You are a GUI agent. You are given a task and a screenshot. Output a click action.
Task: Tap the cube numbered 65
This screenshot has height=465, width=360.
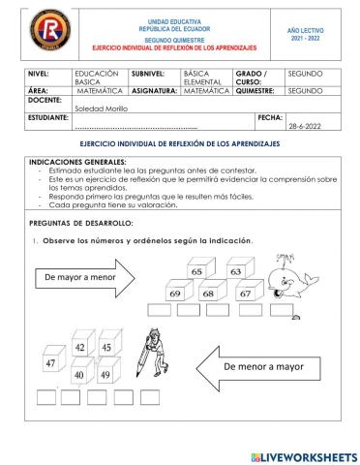click(x=196, y=273)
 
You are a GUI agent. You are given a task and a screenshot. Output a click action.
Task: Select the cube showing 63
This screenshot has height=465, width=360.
click(x=235, y=273)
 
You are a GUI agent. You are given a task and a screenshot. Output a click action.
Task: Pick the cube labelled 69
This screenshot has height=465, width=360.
click(x=176, y=293)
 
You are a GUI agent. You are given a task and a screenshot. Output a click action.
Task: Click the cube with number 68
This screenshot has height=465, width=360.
click(x=208, y=293)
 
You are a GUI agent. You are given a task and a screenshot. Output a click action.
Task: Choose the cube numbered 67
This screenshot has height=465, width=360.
click(x=246, y=293)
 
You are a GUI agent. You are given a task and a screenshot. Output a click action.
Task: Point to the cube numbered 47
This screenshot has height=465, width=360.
click(x=49, y=364)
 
